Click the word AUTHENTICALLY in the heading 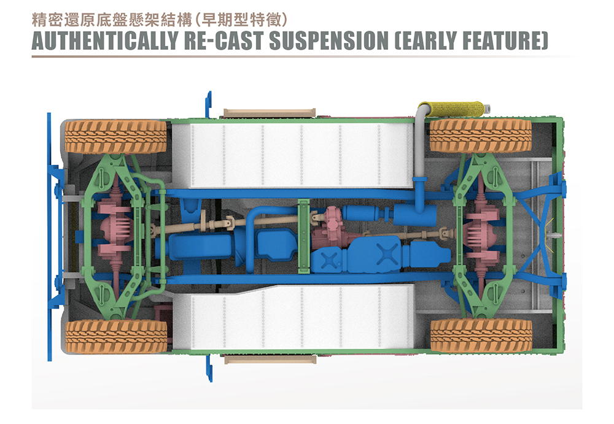[x=105, y=40]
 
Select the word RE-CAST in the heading [x=223, y=40]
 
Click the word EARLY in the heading [x=426, y=40]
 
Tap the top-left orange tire [x=116, y=137]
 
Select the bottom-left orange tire [x=116, y=336]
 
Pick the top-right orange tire [x=481, y=136]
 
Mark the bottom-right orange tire [x=481, y=335]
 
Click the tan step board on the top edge [x=270, y=113]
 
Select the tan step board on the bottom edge [x=270, y=360]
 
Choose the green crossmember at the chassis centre [x=303, y=236]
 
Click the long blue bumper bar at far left [x=49, y=237]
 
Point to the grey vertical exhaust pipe [x=419, y=153]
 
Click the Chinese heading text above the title [x=160, y=20]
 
